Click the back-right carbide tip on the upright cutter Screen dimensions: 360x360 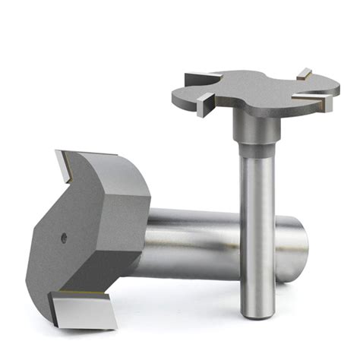pyautogui.click(x=303, y=74)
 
